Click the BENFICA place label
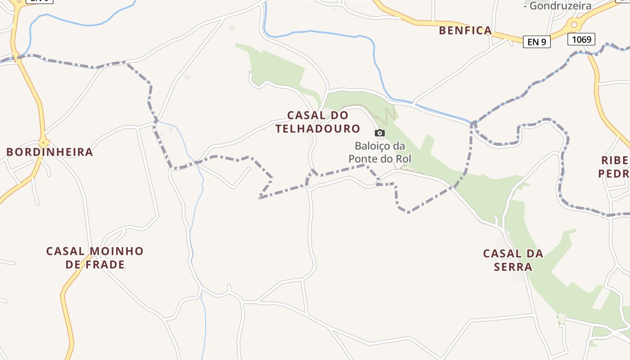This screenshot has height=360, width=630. point(465,31)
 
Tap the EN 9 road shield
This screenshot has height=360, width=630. point(536,42)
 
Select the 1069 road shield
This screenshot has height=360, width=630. point(581,40)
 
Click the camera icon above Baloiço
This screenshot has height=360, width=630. point(380,133)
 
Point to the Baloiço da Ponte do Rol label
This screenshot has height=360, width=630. point(380,152)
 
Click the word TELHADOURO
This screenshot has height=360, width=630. point(318,129)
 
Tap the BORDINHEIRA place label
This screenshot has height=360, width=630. point(49,152)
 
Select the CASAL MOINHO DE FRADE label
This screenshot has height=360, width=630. point(94,258)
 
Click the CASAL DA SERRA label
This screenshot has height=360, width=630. point(513,260)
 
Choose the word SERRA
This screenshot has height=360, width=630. point(513,267)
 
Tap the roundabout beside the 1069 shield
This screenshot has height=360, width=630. point(574,24)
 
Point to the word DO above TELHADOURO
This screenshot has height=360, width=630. point(339,116)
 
